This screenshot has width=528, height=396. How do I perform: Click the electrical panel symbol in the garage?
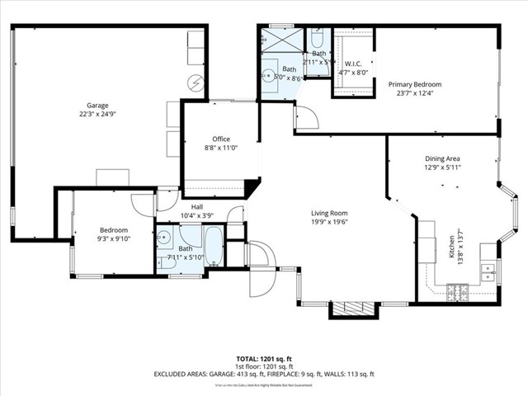pyautogui.click(x=196, y=82)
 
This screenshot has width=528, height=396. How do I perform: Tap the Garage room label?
pyautogui.click(x=98, y=105)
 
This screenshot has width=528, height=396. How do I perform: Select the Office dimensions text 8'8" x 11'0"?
pyautogui.click(x=220, y=148)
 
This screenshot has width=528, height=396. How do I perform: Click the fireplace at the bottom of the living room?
pyautogui.click(x=346, y=309)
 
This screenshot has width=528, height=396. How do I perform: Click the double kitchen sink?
pyautogui.click(x=488, y=269)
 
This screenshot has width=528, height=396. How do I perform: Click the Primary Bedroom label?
pyautogui.click(x=415, y=84)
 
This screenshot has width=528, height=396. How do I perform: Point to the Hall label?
pyautogui.click(x=197, y=207)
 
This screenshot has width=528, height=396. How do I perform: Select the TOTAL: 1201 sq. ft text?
pyautogui.click(x=264, y=359)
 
